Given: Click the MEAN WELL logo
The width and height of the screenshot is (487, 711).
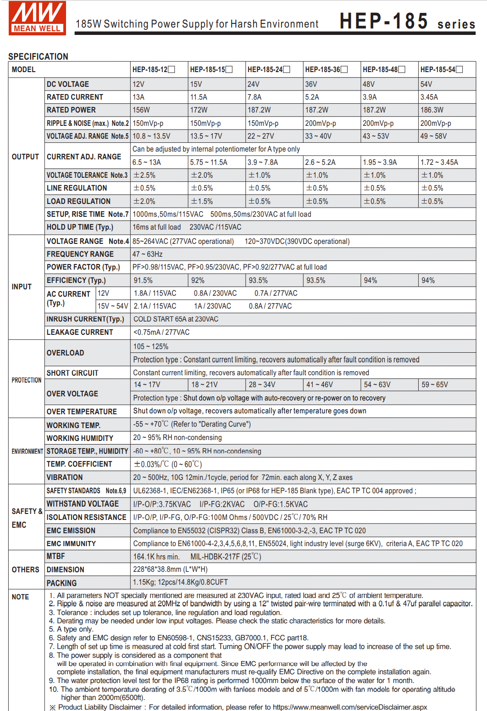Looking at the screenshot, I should point(37,18).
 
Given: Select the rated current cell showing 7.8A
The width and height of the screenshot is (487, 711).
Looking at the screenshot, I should point(255,97).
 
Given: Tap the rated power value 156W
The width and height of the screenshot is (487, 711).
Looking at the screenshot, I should point(141,110).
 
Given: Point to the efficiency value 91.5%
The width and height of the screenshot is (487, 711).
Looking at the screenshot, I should point(143,280).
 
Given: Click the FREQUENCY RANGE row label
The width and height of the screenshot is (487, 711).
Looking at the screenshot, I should point(80,254).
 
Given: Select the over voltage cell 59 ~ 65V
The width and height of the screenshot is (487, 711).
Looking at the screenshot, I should point(435,384).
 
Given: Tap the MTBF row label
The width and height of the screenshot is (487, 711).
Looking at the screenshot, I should point(55,556).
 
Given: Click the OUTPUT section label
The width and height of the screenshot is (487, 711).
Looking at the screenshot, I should point(25,157).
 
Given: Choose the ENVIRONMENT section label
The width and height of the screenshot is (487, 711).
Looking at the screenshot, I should point(27,451).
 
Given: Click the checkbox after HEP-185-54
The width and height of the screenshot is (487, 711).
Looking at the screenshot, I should point(459,69).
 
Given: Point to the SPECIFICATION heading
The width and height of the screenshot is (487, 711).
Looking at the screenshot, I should point(38,56).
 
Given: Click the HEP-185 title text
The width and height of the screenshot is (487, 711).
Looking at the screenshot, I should point(384,21).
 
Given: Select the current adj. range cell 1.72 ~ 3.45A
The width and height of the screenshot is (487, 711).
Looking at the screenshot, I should point(439,162).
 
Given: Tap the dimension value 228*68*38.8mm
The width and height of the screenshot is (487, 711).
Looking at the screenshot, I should point(170,569).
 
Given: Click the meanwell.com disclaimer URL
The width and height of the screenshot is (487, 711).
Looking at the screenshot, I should point(349,707).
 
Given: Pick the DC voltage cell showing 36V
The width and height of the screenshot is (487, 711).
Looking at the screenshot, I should point(311,84).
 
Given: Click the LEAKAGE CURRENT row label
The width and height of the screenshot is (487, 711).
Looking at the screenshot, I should point(79,332).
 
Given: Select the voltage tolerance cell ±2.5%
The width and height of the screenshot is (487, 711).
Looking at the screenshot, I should point(144,175).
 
